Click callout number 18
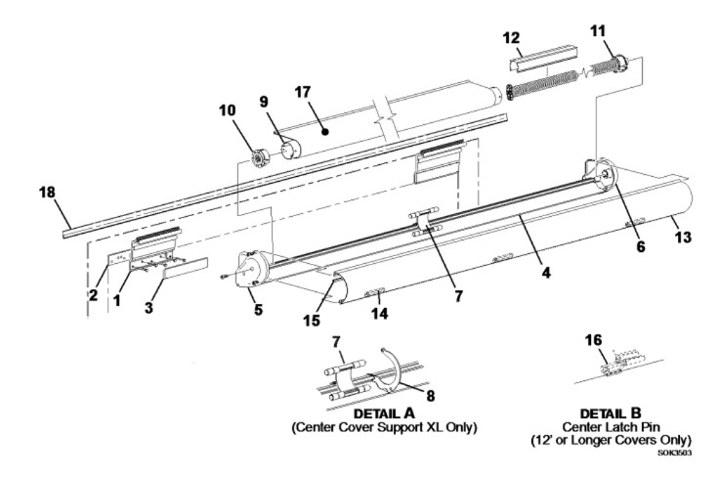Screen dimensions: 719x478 point(47,193)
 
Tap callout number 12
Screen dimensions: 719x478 point(511,37)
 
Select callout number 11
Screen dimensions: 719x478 point(598,30)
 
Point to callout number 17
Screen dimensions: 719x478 point(302,92)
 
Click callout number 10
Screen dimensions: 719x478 point(228,110)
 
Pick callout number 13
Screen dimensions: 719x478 point(683,238)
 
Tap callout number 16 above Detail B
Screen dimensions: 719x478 point(593,340)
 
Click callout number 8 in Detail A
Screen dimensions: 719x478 point(431,396)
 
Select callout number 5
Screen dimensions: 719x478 point(259,309)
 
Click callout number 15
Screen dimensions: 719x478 point(312,321)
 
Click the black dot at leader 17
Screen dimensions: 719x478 point(325,132)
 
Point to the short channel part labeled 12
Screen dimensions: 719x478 point(543,59)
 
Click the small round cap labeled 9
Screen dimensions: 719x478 point(290,150)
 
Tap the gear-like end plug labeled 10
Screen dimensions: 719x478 point(260,158)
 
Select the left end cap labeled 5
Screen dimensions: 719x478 point(251,270)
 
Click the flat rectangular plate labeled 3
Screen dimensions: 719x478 point(186,269)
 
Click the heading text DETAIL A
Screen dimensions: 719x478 point(384,413)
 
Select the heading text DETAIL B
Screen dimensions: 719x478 point(611,413)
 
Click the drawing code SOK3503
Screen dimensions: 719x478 point(674,453)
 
